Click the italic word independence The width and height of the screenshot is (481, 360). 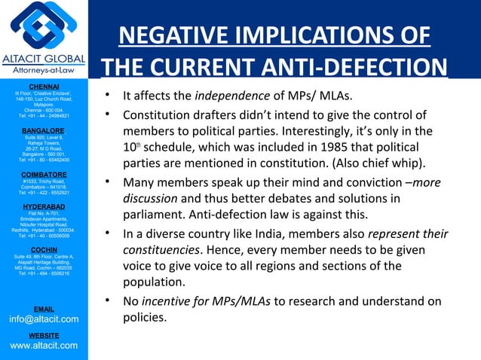(232, 96)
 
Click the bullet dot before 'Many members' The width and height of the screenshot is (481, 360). (110, 182)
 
